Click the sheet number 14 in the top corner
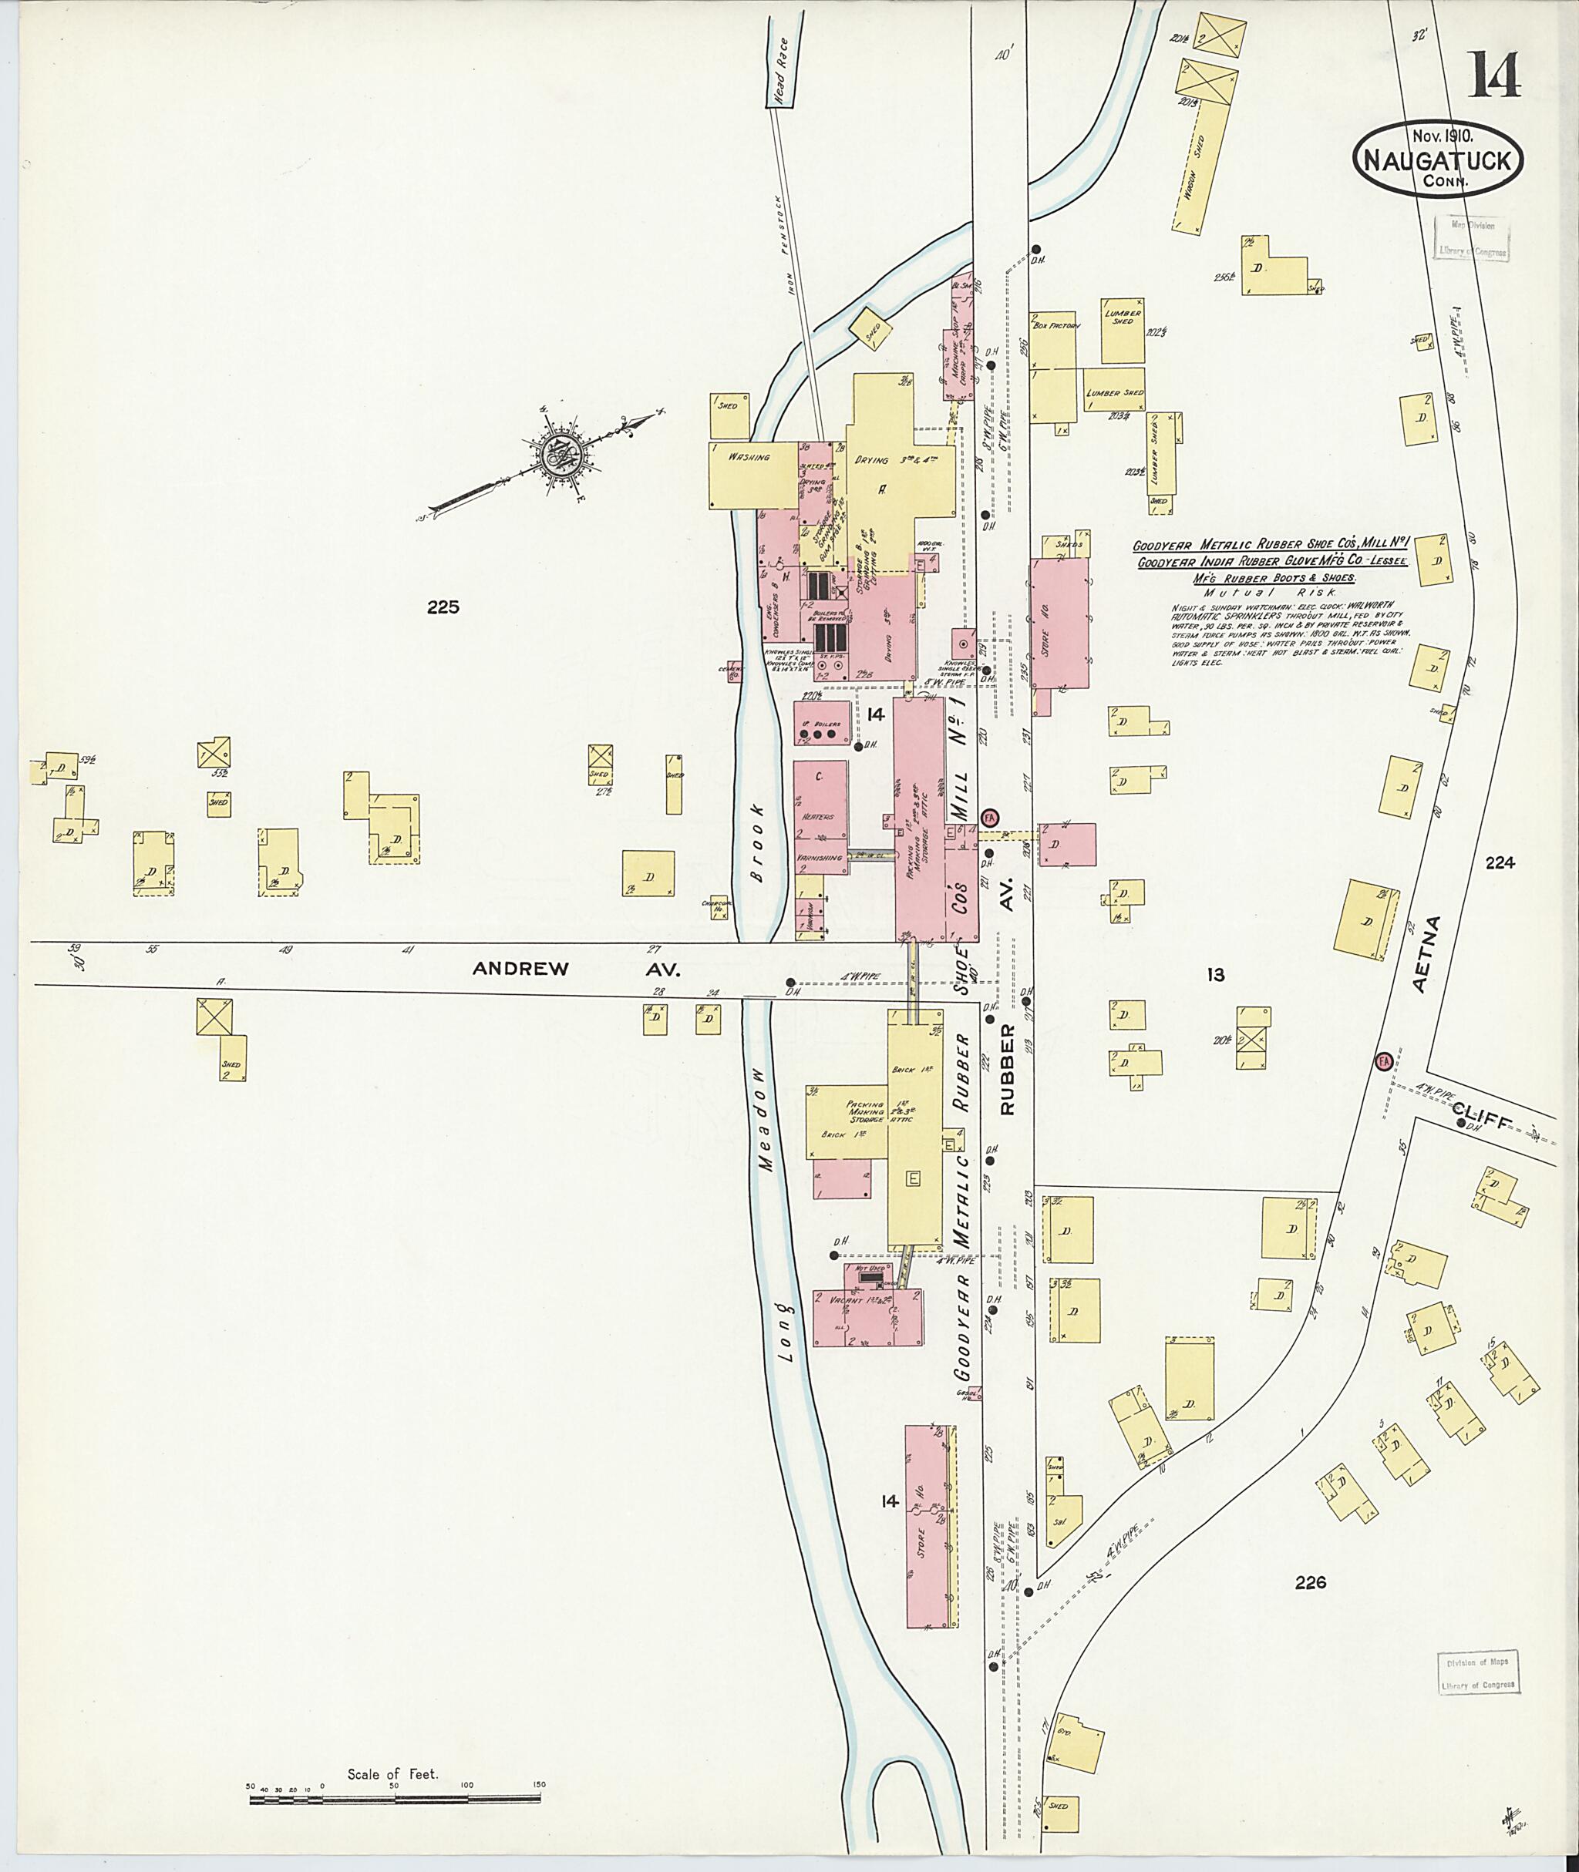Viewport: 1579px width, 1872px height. [1493, 76]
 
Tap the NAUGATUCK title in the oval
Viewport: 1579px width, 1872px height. [1439, 162]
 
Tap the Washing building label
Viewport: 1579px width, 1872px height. [749, 457]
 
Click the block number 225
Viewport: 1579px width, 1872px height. [443, 607]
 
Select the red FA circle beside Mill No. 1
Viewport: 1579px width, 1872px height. [989, 818]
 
